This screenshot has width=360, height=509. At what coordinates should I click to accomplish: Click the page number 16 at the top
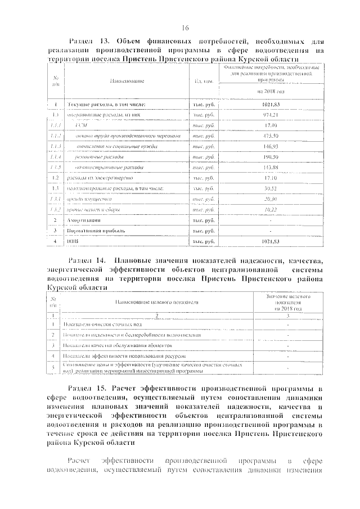pos(185,29)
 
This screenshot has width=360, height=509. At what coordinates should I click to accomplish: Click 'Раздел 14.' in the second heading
pos(87,261)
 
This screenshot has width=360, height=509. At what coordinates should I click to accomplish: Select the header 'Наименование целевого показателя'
pos(157,303)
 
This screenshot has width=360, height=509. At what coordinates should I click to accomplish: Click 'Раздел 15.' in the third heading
pos(87,388)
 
